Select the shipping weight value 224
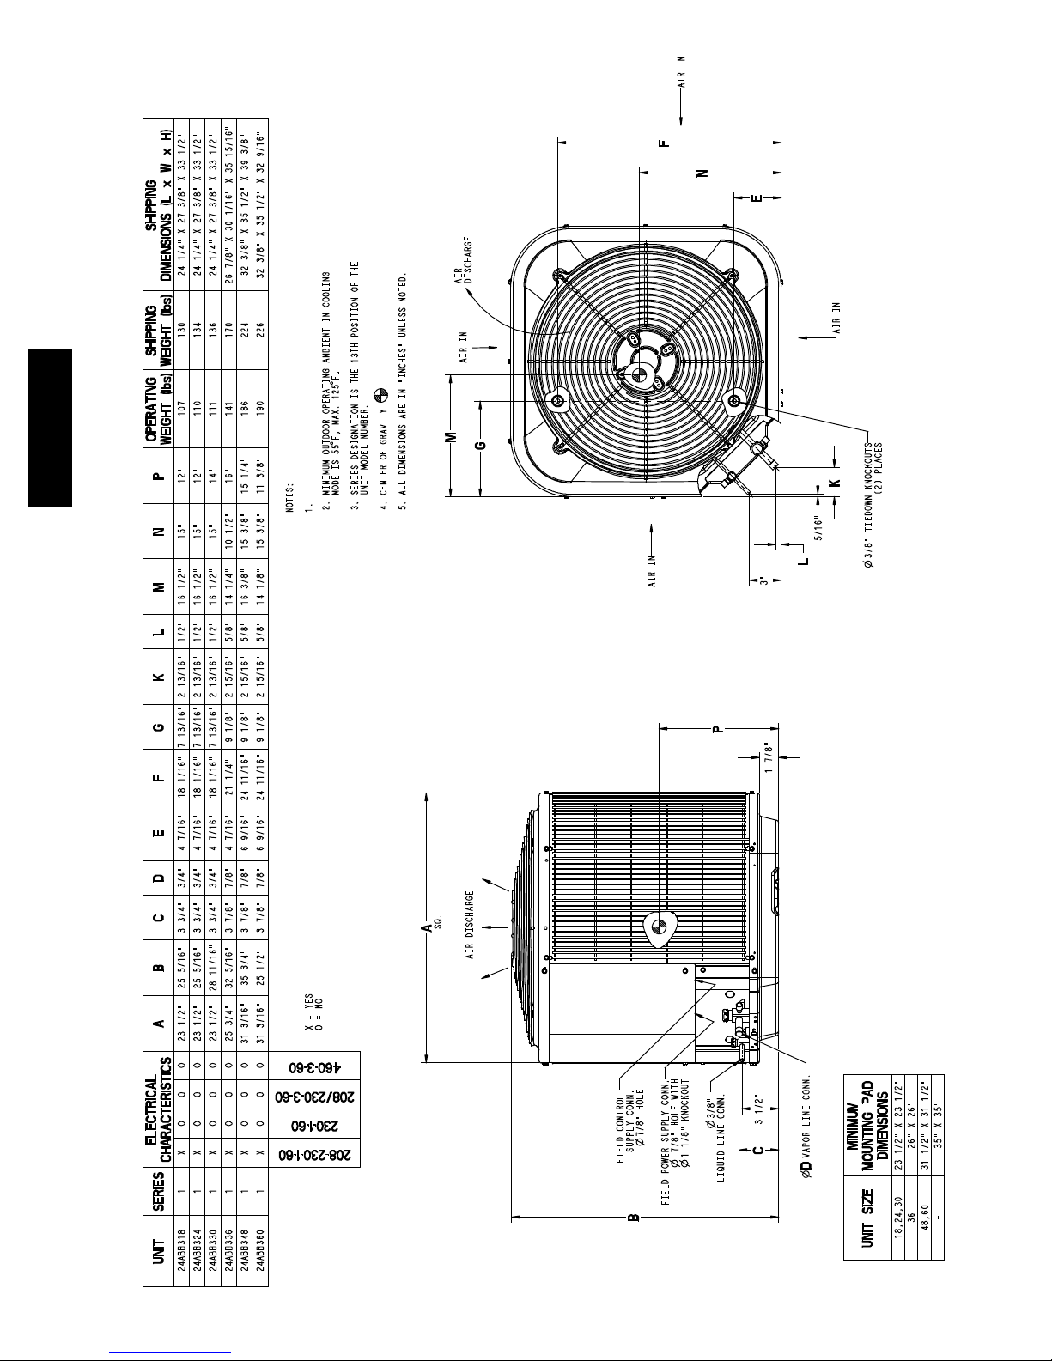[244, 330]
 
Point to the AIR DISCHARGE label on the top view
[464, 260]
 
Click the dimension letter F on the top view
[665, 143]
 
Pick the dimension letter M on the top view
[452, 436]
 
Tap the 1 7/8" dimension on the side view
[769, 757]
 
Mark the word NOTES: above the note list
[289, 498]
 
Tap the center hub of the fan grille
[639, 374]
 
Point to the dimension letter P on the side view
[718, 728]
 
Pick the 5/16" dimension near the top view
[819, 526]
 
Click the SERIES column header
[159, 1191]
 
